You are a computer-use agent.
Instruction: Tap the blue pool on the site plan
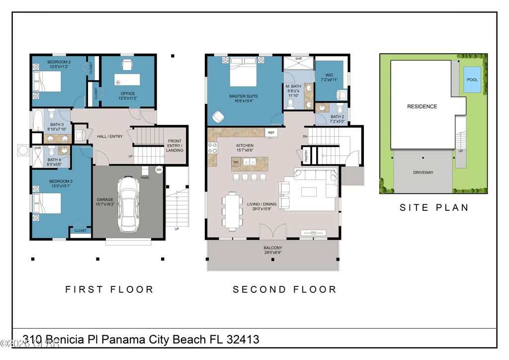click(x=472, y=80)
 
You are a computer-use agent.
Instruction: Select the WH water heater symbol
click(x=159, y=170)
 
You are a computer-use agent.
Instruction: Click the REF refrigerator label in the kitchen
click(x=271, y=133)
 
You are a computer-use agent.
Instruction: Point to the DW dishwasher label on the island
click(x=237, y=162)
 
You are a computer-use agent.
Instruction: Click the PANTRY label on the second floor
click(x=306, y=155)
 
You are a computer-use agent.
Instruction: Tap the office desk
click(x=127, y=80)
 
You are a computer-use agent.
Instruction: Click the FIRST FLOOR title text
click(x=109, y=289)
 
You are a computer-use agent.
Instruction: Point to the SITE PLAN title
click(x=434, y=208)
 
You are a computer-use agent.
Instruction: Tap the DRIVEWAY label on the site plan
click(x=423, y=173)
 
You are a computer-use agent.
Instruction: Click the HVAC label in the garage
click(x=145, y=178)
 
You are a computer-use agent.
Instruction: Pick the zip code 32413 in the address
click(x=243, y=340)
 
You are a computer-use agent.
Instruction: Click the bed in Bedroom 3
click(x=47, y=203)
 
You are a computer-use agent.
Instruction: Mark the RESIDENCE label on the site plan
click(x=422, y=106)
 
